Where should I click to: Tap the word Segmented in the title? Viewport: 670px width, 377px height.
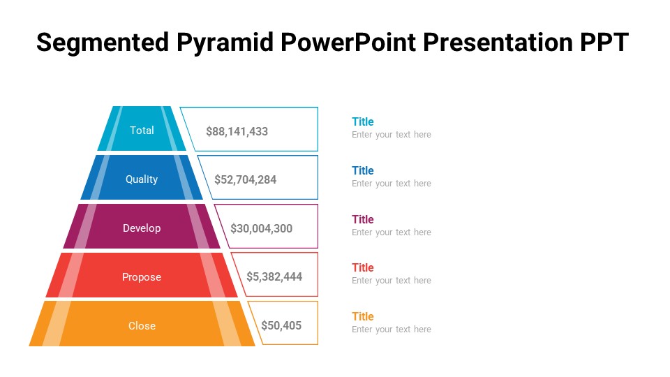pos(101,43)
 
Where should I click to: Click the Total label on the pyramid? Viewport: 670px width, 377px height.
pos(142,131)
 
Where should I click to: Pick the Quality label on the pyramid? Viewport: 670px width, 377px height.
pos(142,179)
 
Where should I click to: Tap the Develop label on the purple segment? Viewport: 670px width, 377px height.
pos(142,228)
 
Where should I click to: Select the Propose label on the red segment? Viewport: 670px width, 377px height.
pos(142,277)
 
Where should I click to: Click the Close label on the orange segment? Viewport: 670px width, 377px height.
pos(142,326)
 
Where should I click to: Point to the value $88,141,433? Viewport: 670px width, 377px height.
pos(237,131)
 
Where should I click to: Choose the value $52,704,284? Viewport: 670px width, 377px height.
pos(246,179)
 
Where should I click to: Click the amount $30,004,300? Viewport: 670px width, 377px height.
pos(262,228)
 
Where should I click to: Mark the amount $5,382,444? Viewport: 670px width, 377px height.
pos(274,276)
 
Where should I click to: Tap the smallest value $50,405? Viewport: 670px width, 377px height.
pos(281,325)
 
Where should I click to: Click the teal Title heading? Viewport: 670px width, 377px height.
pos(363,122)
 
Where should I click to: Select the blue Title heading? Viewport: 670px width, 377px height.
pos(363,171)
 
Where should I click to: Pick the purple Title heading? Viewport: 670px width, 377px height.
pos(363,220)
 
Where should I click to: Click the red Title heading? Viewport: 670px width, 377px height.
pos(363,268)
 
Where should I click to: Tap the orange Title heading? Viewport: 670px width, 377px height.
pos(363,317)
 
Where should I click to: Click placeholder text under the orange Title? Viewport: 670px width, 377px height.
pos(392,330)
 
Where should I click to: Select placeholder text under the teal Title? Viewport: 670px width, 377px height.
pos(392,135)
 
